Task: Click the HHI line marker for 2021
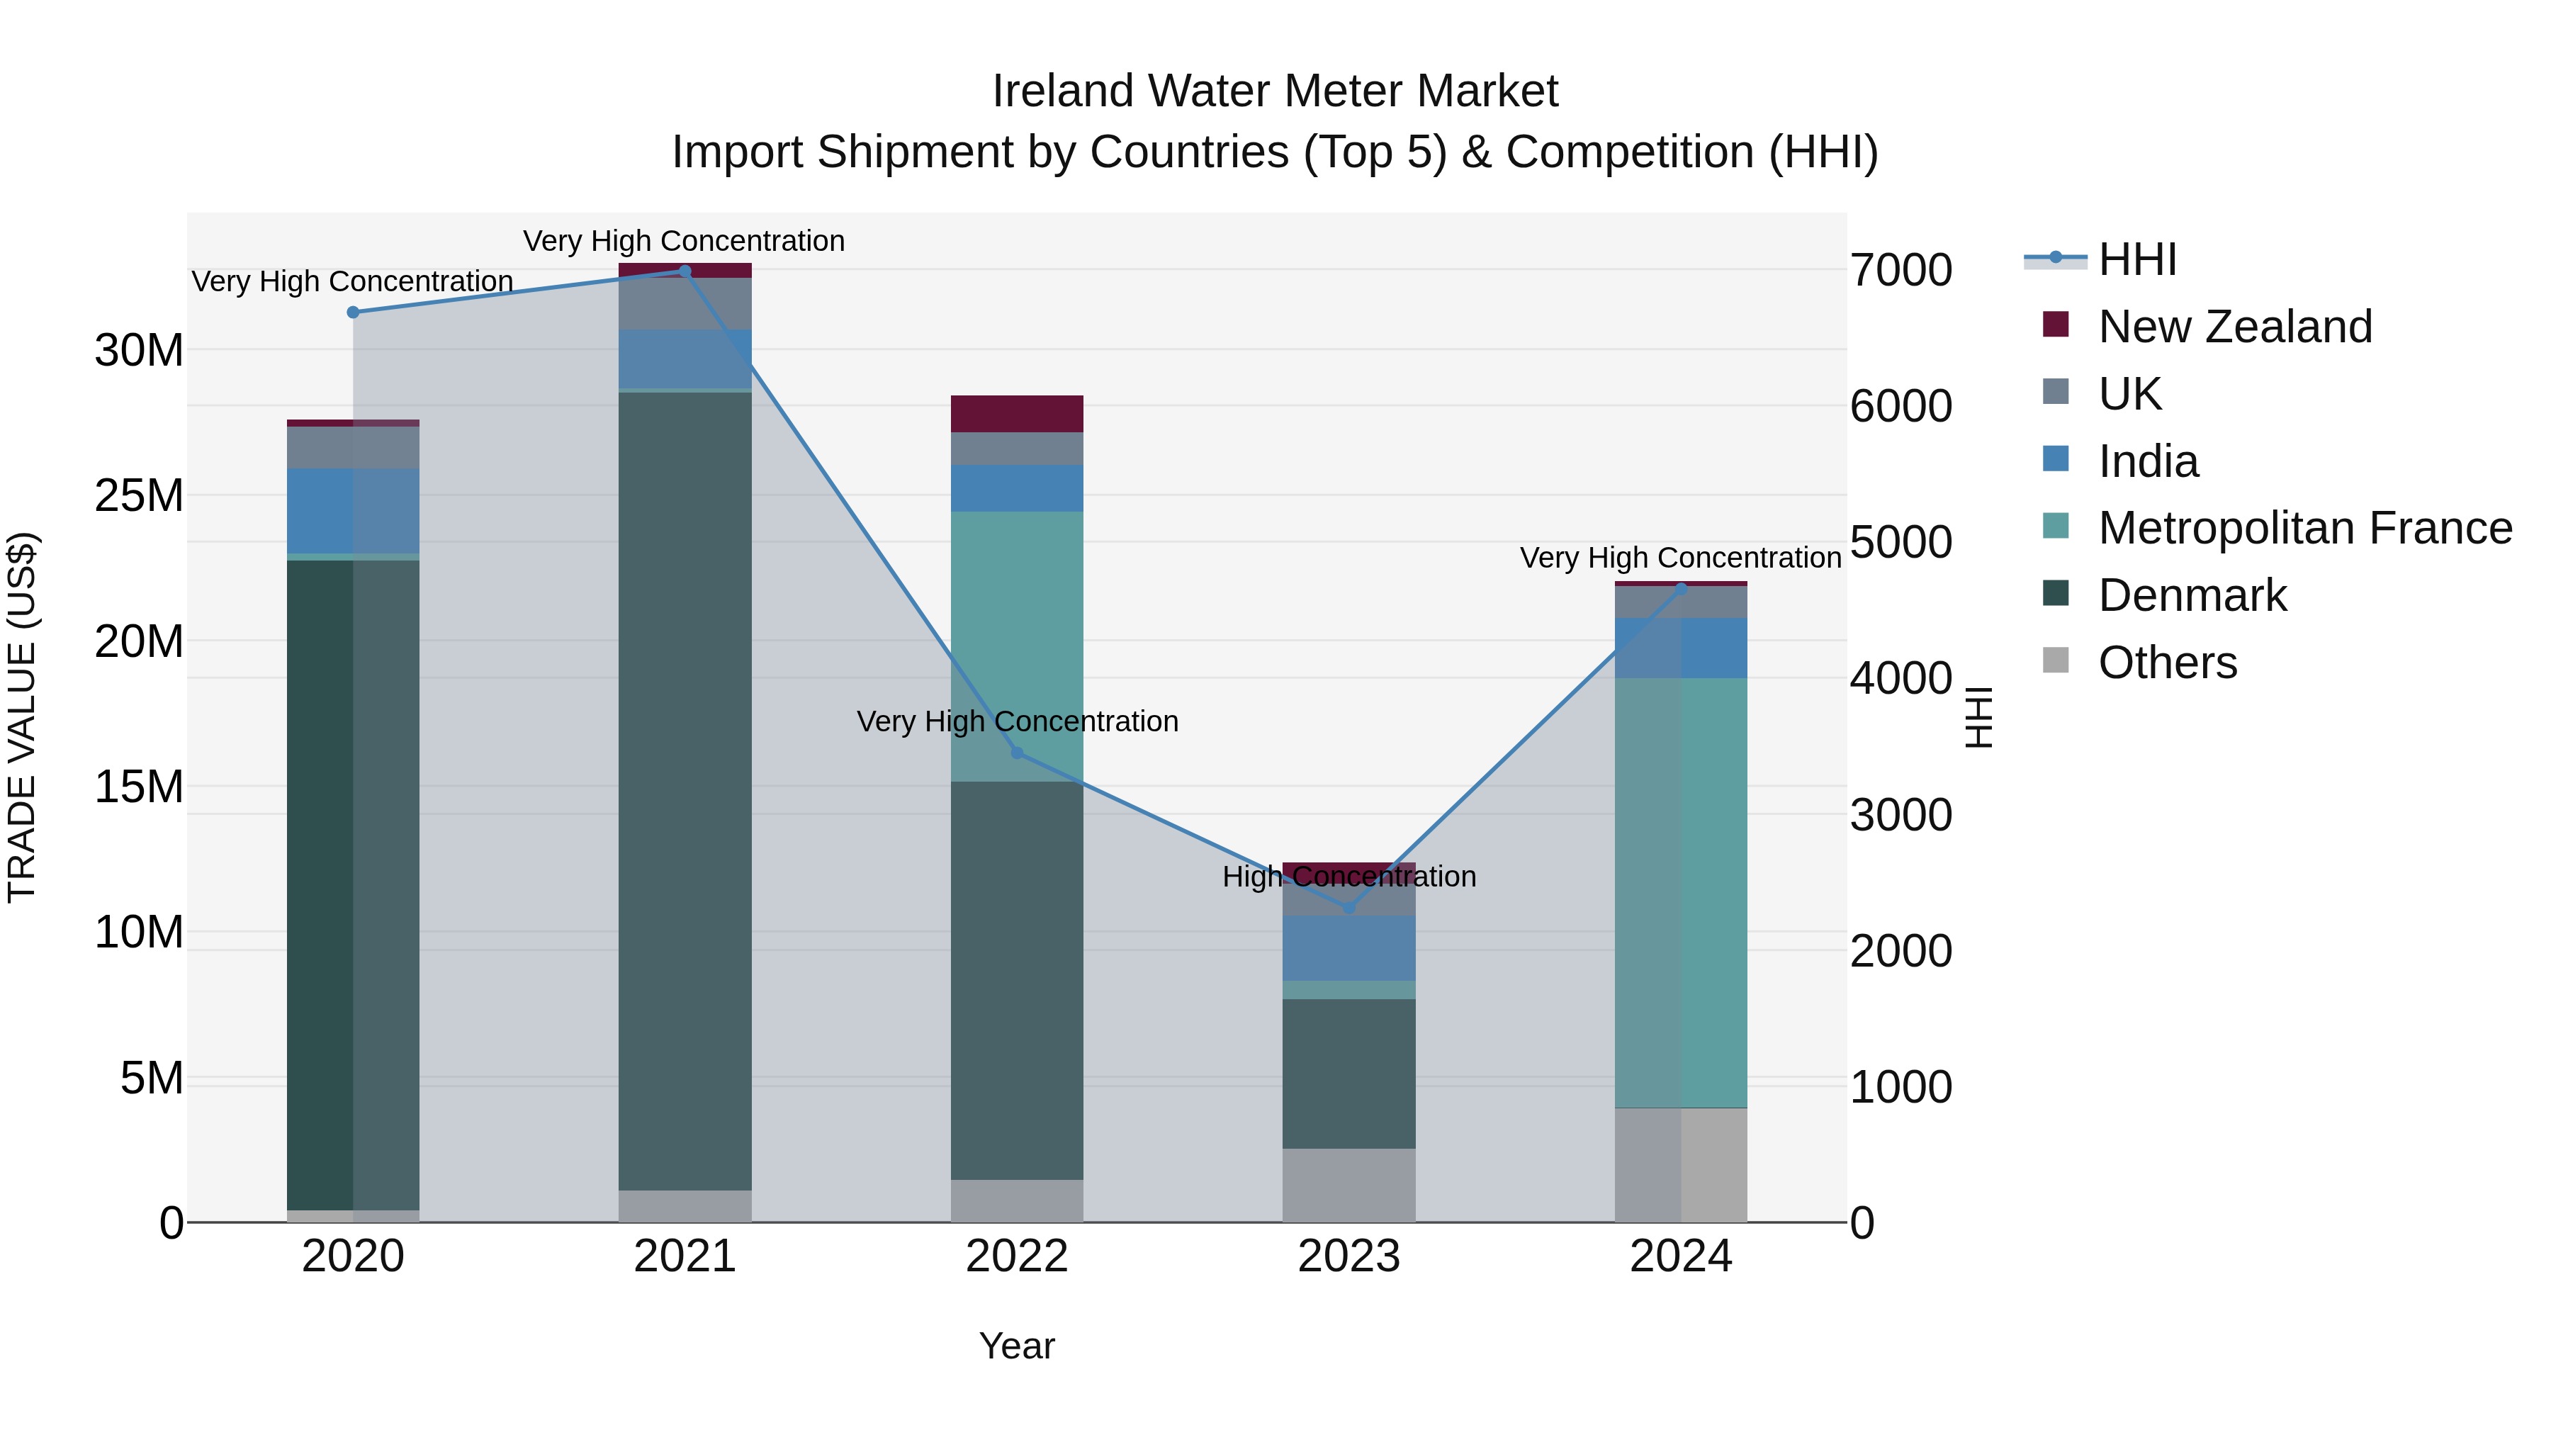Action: (685, 271)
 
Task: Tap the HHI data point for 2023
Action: (1348, 906)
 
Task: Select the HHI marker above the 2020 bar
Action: (353, 312)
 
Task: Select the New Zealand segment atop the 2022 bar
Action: (1017, 413)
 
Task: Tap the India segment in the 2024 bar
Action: (1681, 648)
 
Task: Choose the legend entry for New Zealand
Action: (2234, 327)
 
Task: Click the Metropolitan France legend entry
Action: (2304, 528)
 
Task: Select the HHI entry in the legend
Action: (2137, 259)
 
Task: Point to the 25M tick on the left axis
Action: (140, 495)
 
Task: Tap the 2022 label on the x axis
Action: (1017, 1256)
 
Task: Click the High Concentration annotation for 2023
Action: (1348, 877)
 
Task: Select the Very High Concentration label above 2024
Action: (1681, 558)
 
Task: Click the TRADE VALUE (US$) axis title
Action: (22, 717)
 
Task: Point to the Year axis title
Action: (1017, 1346)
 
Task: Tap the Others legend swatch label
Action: (2167, 663)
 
